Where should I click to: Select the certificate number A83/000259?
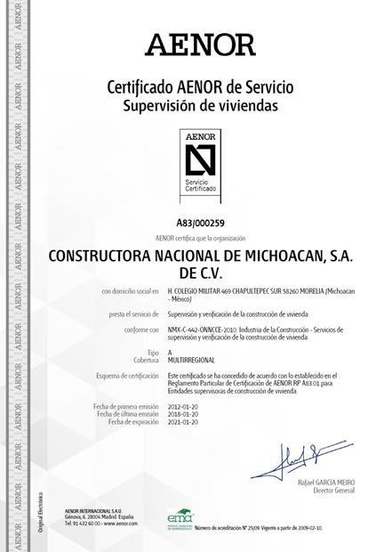200,223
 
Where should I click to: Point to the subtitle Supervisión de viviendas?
200,105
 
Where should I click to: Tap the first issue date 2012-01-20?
185,406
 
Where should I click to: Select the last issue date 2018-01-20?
185,414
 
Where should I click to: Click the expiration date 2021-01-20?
185,422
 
